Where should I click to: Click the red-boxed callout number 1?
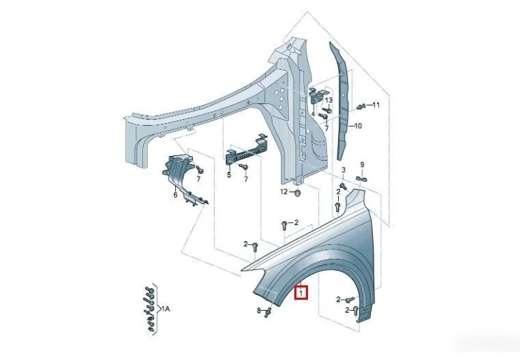pyautogui.click(x=301, y=293)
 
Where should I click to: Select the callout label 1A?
pyautogui.click(x=166, y=309)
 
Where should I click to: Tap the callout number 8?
pyautogui.click(x=259, y=311)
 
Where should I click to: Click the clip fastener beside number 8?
pyautogui.click(x=268, y=311)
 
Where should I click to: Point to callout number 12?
pyautogui.click(x=284, y=192)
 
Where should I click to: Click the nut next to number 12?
pyautogui.click(x=298, y=192)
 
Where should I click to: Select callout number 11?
pyautogui.click(x=376, y=105)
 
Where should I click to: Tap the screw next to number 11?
pyautogui.click(x=361, y=106)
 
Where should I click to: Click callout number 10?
pyautogui.click(x=358, y=126)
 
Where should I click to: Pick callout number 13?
pyautogui.click(x=329, y=100)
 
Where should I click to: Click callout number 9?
pyautogui.click(x=362, y=165)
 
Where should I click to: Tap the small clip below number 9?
pyautogui.click(x=361, y=179)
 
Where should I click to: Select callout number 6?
pyautogui.click(x=175, y=195)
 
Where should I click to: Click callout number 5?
pyautogui.click(x=229, y=175)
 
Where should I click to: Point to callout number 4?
pyautogui.click(x=313, y=114)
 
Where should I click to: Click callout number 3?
pyautogui.click(x=344, y=170)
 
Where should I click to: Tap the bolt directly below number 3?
pyautogui.click(x=342, y=185)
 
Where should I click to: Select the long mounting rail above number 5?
pyautogui.click(x=245, y=150)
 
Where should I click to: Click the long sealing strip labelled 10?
pyautogui.click(x=340, y=101)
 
